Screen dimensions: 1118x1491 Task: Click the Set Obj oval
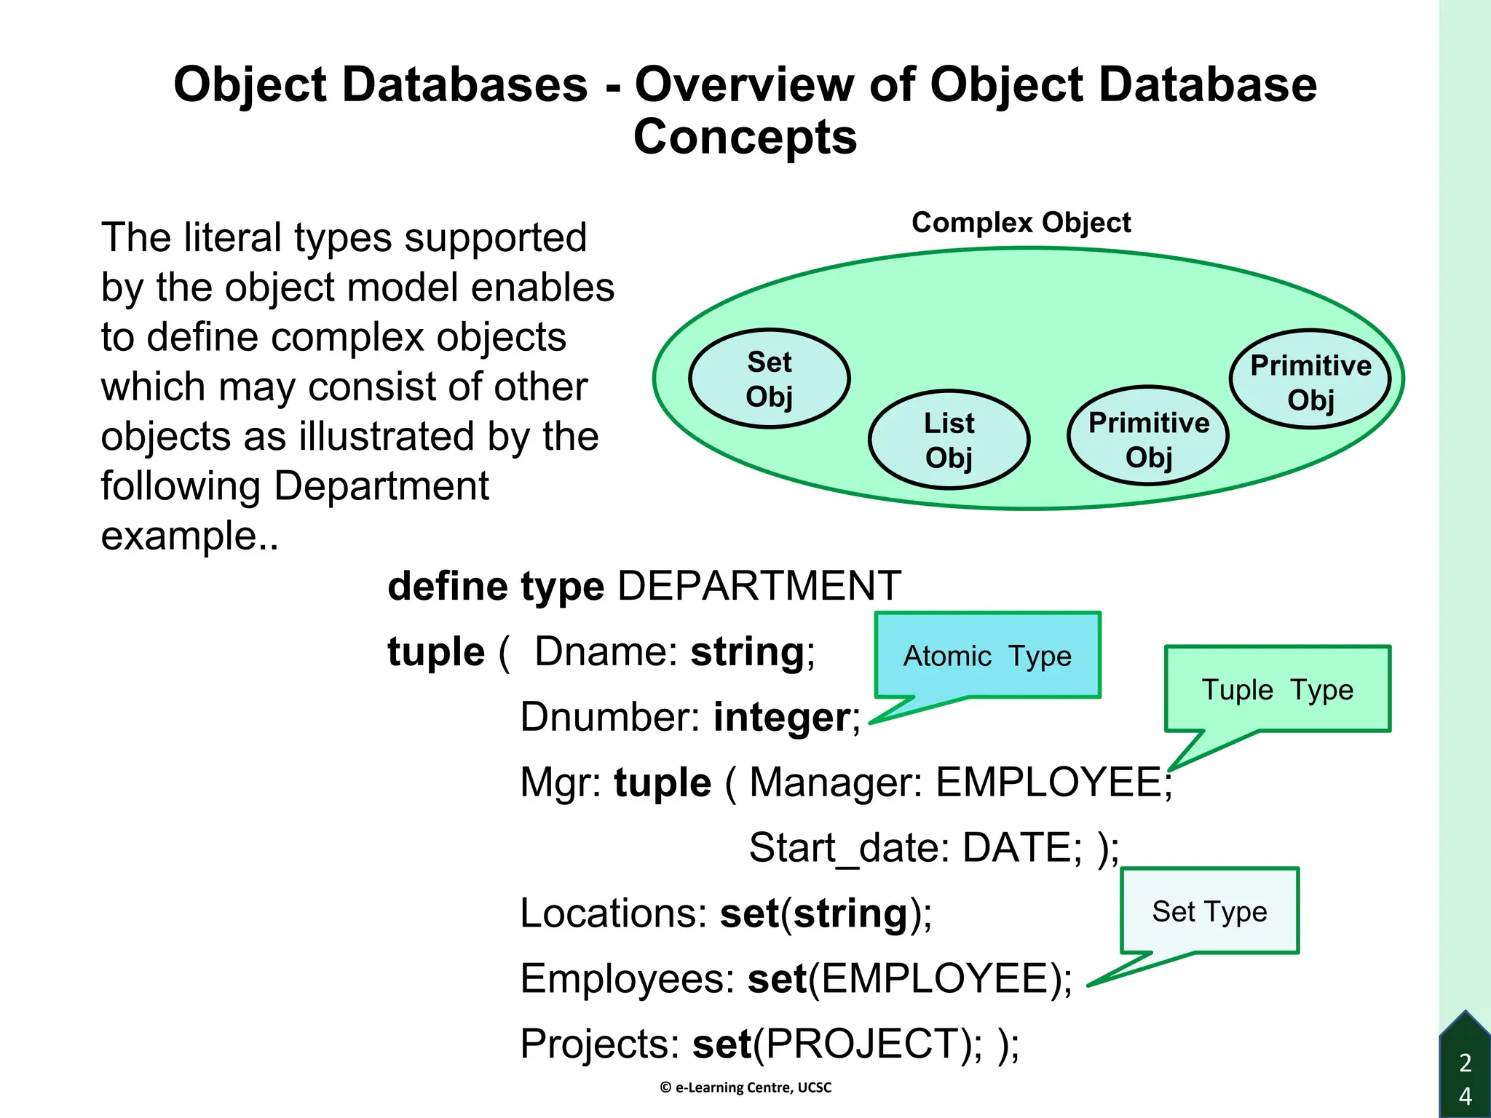(770, 378)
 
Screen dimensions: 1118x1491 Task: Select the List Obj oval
(949, 440)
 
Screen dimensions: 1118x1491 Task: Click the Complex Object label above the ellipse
(1021, 223)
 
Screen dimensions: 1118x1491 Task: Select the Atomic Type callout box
(987, 656)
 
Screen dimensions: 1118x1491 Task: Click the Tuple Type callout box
(1277, 689)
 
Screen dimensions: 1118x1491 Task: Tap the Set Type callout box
(1209, 911)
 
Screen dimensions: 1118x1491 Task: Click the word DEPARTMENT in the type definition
(759, 586)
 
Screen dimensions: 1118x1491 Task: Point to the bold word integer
(781, 718)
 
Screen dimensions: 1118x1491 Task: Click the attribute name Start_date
(847, 849)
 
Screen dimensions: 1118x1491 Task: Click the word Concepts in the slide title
(745, 137)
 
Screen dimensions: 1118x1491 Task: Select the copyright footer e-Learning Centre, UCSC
(745, 1087)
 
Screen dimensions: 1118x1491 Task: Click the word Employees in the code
(627, 979)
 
